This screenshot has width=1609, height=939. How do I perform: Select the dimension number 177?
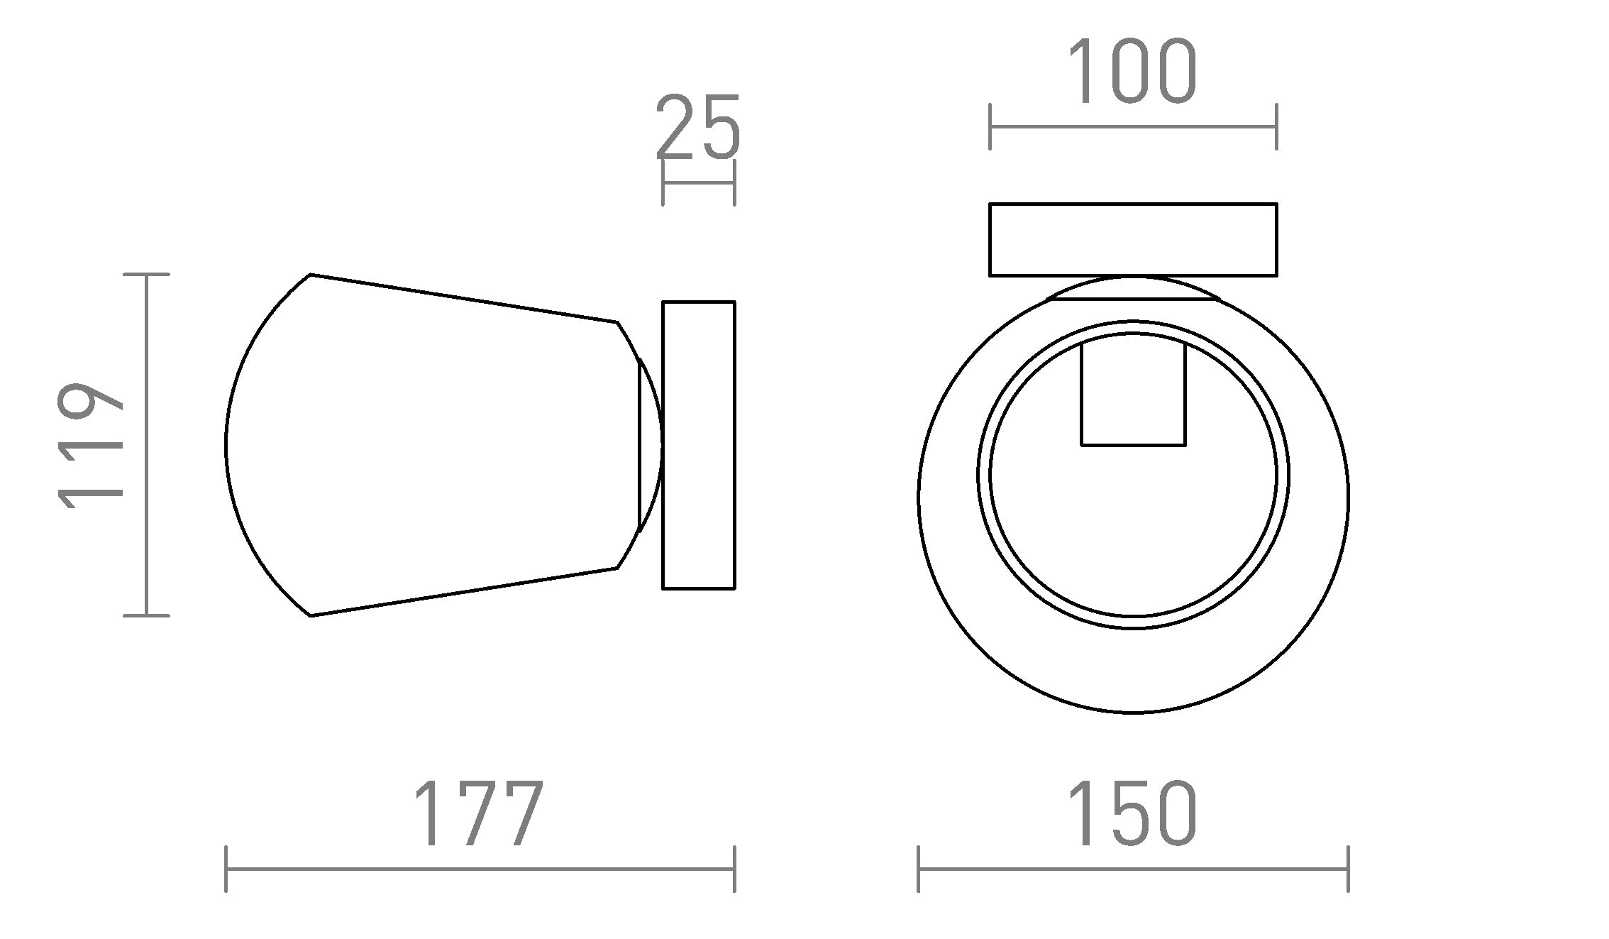(x=479, y=814)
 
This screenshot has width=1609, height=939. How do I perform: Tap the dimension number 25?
(x=698, y=128)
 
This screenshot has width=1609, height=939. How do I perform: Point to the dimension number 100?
(x=1132, y=72)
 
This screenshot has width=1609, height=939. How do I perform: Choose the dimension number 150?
(x=1132, y=814)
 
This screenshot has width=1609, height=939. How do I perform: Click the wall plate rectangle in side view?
(x=698, y=445)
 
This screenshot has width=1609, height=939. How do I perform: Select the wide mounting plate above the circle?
(x=1132, y=239)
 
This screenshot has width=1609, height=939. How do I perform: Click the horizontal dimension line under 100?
(x=1132, y=127)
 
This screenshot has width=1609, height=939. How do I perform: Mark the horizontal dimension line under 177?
(x=479, y=869)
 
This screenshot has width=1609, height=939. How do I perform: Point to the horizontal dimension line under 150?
(x=1132, y=869)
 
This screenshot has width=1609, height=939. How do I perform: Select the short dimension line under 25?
(x=698, y=183)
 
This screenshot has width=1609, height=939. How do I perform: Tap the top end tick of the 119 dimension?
(x=146, y=274)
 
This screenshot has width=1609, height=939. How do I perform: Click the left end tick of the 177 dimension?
(x=226, y=869)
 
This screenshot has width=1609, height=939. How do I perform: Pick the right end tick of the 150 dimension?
(x=1347, y=869)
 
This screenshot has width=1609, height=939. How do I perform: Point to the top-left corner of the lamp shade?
(x=311, y=275)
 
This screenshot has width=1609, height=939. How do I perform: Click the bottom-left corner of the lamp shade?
(x=311, y=615)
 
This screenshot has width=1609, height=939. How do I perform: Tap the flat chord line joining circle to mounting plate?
(x=1134, y=300)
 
